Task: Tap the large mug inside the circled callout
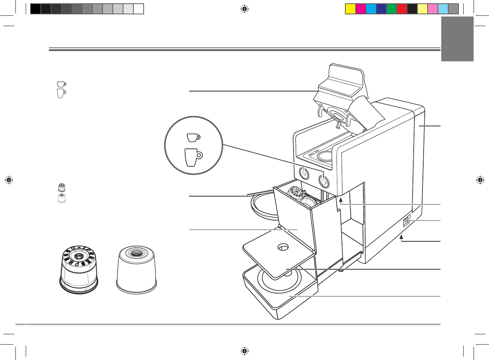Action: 193,157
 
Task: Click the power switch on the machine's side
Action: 406,222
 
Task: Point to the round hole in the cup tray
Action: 283,247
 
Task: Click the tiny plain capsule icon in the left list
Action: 62,198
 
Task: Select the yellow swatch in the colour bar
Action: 350,9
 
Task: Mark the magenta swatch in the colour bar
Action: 361,9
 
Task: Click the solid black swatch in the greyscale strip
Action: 35,9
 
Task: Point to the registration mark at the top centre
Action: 245,9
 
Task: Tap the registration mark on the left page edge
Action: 9,180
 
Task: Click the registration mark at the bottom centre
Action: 245,351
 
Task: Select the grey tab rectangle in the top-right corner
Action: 457,39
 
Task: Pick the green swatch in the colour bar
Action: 392,9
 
